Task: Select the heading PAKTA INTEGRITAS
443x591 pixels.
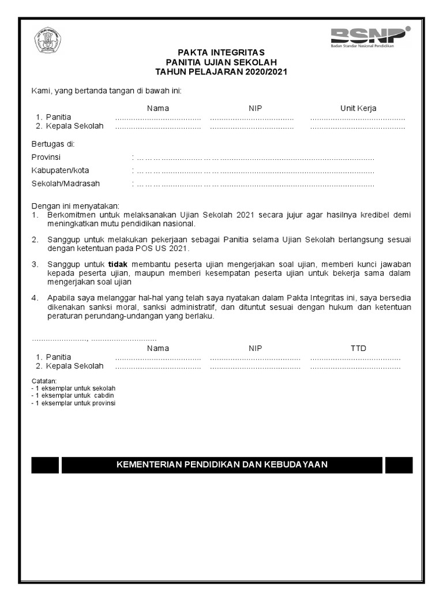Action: pyautogui.click(x=221, y=52)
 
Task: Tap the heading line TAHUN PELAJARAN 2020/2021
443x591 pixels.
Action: pyautogui.click(x=221, y=72)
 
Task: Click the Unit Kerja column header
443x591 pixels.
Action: pyautogui.click(x=358, y=108)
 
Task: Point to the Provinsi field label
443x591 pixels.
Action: pyautogui.click(x=46, y=157)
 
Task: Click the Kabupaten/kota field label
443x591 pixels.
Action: pyautogui.click(x=60, y=170)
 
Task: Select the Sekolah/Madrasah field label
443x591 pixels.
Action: pyautogui.click(x=65, y=184)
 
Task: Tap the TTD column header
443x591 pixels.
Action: pyautogui.click(x=358, y=348)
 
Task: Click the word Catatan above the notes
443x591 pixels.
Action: pyautogui.click(x=43, y=381)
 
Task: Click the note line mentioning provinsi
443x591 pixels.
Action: pyautogui.click(x=74, y=403)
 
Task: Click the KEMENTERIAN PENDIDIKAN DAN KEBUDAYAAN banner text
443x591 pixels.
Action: pyautogui.click(x=222, y=465)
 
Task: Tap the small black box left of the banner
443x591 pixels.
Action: pyautogui.click(x=45, y=465)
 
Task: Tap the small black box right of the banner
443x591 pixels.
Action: pyautogui.click(x=399, y=465)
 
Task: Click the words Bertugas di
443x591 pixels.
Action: pyautogui.click(x=52, y=144)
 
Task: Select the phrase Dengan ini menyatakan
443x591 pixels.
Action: pyautogui.click(x=75, y=205)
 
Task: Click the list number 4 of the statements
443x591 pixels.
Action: pyautogui.click(x=35, y=298)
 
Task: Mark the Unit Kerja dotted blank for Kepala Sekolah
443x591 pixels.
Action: pyautogui.click(x=358, y=127)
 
